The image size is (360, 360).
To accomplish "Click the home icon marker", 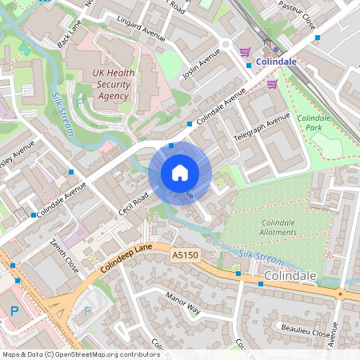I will pyautogui.click(x=180, y=173).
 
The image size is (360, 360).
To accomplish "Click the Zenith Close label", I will pyautogui.click(x=65, y=254).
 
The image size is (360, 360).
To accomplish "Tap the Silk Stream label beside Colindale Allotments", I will pyautogui.click(x=261, y=258).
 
